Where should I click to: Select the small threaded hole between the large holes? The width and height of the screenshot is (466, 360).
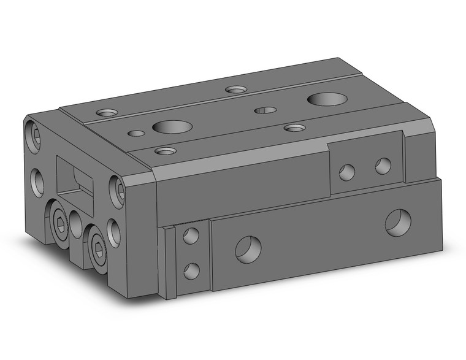[x=265, y=110]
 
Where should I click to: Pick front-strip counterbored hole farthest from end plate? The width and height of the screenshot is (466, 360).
[x=295, y=128]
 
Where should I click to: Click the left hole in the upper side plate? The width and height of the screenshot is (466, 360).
[x=347, y=172]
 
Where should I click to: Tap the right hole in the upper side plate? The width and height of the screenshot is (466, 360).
[x=383, y=164]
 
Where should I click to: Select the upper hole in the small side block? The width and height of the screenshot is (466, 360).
[x=191, y=236]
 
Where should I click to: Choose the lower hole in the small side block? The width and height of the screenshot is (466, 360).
[x=192, y=269]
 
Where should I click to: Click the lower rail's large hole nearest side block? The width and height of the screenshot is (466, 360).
[x=248, y=248]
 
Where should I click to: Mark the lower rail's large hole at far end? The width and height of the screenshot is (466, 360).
[x=398, y=221]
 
